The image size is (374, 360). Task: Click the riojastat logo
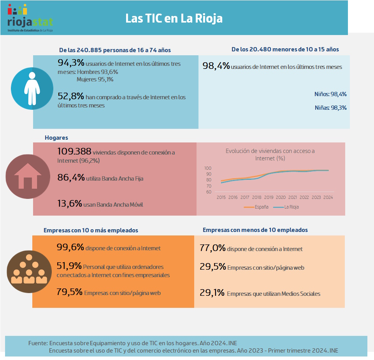click(x=30, y=18)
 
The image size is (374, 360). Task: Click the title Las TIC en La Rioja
click(x=174, y=18)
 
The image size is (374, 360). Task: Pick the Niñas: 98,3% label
click(x=330, y=108)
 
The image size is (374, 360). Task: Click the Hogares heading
click(x=56, y=138)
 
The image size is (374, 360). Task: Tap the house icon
click(x=28, y=176)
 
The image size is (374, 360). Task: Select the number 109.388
click(x=74, y=151)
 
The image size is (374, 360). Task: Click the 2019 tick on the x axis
click(x=269, y=197)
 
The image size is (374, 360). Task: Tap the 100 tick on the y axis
click(x=208, y=168)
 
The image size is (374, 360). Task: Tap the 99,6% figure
click(x=70, y=247)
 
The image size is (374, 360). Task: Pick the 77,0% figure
click(x=212, y=248)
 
